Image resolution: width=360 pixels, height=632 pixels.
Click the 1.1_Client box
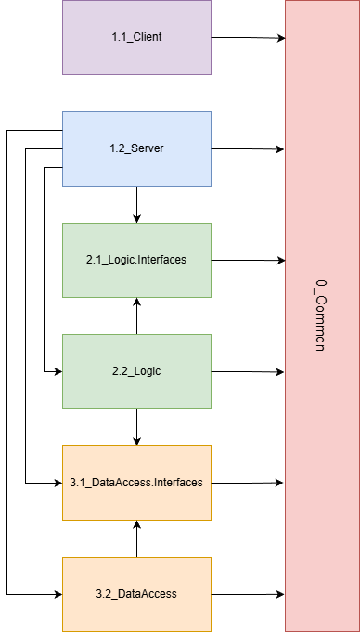pyautogui.click(x=136, y=37)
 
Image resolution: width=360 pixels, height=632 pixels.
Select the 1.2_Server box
pyautogui.click(x=136, y=148)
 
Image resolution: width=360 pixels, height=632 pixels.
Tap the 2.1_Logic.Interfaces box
pyautogui.click(x=136, y=260)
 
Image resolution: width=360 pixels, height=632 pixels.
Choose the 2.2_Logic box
pyautogui.click(x=136, y=371)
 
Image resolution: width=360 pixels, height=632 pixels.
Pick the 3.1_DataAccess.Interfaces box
pyautogui.click(x=136, y=483)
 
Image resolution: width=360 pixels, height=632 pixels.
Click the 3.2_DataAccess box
pyautogui.click(x=136, y=593)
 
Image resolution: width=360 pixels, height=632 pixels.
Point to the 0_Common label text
pyautogui.click(x=318, y=316)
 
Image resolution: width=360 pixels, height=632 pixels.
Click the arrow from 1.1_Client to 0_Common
pyautogui.click(x=248, y=38)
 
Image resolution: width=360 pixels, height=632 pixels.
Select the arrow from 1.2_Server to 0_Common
pyautogui.click(x=248, y=148)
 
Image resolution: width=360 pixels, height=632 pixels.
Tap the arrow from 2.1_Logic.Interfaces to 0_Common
pyautogui.click(x=248, y=261)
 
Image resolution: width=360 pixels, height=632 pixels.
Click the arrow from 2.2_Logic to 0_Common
pyautogui.click(x=248, y=371)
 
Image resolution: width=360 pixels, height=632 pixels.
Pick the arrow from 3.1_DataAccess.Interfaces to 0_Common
pyautogui.click(x=248, y=483)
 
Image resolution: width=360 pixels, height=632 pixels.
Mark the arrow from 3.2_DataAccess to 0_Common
pyautogui.click(x=248, y=593)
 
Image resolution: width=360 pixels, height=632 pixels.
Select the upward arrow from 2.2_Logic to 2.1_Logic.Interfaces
pyautogui.click(x=136, y=316)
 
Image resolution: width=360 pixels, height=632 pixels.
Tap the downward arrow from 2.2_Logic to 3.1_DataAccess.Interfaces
pyautogui.click(x=136, y=427)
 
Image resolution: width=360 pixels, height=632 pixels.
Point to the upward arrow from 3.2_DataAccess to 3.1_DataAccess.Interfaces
pyautogui.click(x=136, y=538)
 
